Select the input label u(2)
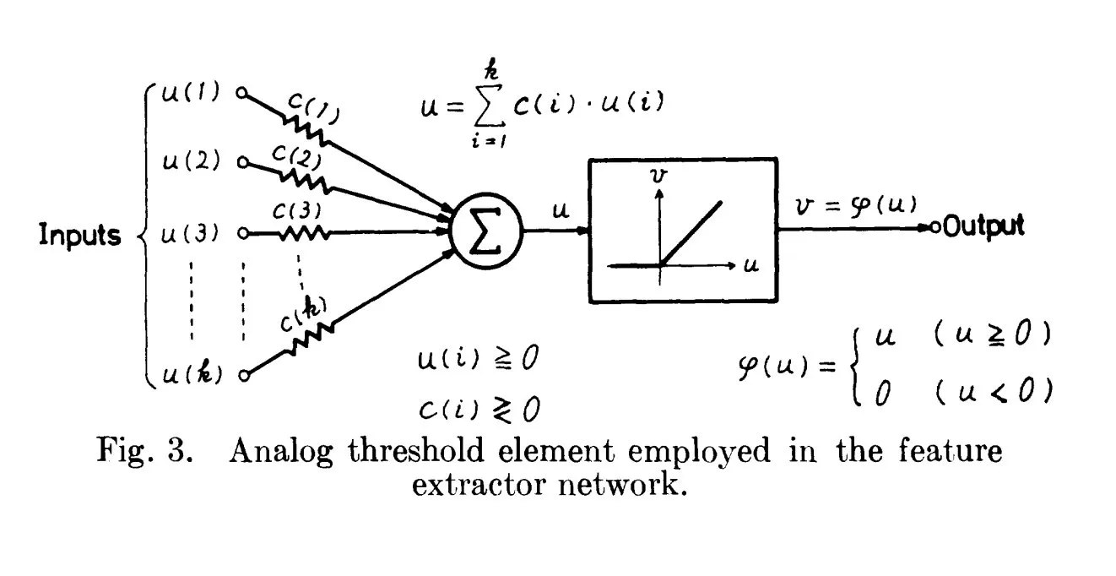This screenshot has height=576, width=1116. (x=192, y=161)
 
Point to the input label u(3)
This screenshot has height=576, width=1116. (x=192, y=232)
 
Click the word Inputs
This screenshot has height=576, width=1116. (x=80, y=235)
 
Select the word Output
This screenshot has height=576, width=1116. (x=983, y=226)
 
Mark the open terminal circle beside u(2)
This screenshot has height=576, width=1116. (x=243, y=161)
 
